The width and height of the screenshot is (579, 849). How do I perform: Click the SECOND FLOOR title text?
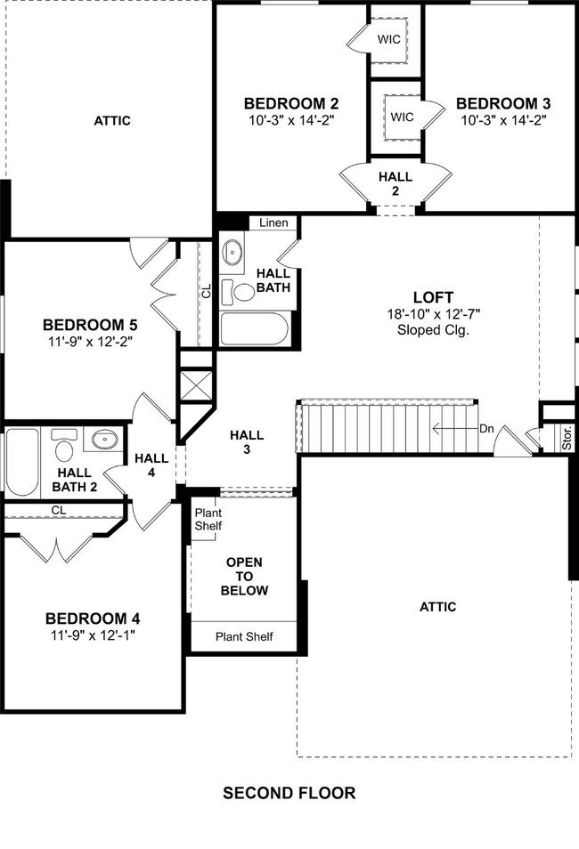click(x=289, y=793)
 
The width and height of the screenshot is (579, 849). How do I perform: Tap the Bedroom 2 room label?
click(x=290, y=103)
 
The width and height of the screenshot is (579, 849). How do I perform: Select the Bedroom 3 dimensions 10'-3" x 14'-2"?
click(x=499, y=119)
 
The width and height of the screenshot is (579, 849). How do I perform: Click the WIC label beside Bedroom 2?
click(x=389, y=39)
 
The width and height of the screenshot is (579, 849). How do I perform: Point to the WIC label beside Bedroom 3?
click(x=401, y=116)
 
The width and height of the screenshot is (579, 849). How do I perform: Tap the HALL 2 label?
click(x=395, y=183)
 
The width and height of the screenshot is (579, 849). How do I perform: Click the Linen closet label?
click(x=273, y=222)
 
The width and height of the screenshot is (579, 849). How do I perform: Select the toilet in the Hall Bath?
click(x=241, y=290)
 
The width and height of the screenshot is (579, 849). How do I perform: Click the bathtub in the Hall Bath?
click(x=254, y=330)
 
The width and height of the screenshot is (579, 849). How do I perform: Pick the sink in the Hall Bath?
click(x=233, y=252)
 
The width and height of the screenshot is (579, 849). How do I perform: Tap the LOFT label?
click(x=433, y=297)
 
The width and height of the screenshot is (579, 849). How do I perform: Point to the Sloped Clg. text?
click(x=433, y=329)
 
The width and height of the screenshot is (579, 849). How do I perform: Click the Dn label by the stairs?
click(x=486, y=428)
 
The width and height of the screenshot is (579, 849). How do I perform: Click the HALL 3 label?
click(x=247, y=442)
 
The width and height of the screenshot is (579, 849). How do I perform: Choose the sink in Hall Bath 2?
click(x=105, y=439)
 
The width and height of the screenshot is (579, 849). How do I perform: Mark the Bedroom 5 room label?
click(x=88, y=324)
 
